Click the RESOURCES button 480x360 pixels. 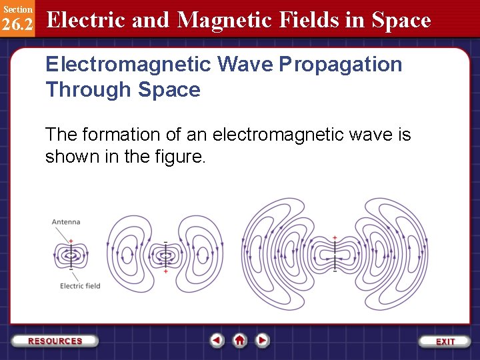coord(55,341)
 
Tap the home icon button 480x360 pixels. coord(239,340)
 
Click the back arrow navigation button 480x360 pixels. coord(217,340)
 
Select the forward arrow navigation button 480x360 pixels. coord(263,340)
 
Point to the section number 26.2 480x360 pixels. coord(17,25)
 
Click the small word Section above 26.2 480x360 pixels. coord(17,9)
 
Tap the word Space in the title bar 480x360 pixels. coord(401,20)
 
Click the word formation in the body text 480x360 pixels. coord(131,135)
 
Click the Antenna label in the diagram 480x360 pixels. coord(66,222)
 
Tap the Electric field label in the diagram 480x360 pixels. coord(80,286)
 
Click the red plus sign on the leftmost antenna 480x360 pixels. coord(70,241)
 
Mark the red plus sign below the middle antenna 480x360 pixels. coord(165,271)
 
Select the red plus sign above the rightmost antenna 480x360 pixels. coord(335,238)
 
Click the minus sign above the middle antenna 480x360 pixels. coord(165,241)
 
